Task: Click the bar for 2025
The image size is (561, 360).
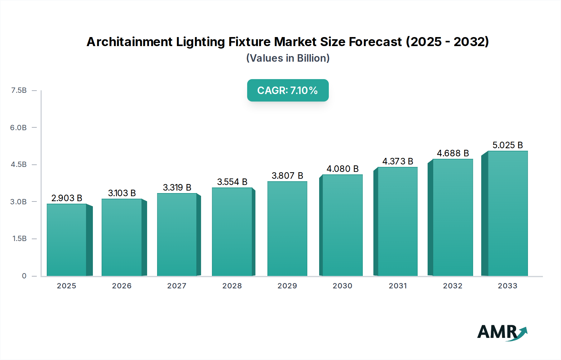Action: pos(67,240)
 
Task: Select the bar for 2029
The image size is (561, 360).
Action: pos(287,229)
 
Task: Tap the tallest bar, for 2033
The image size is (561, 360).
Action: pos(508,213)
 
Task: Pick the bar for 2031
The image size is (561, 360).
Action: pos(398,221)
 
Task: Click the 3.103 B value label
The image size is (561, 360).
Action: pos(122,193)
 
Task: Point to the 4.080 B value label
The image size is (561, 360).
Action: pos(343,169)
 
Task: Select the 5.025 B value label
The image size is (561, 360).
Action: pos(507,145)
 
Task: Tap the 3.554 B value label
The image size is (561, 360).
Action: pos(232,182)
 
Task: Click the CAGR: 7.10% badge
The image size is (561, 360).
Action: pos(288,90)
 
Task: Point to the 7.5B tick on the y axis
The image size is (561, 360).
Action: pos(19,90)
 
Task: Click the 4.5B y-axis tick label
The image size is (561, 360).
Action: pos(19,164)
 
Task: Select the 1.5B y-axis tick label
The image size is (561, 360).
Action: pos(19,239)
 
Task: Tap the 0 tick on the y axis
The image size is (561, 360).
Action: pos(24,276)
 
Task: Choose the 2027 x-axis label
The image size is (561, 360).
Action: pos(177,286)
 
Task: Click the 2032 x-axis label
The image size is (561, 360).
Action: pos(453,286)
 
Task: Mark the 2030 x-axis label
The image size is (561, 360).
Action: pos(342,286)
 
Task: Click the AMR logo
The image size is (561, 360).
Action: pos(502,332)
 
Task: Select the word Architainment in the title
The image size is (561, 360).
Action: pos(129,42)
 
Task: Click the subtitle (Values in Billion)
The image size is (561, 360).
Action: pos(288,58)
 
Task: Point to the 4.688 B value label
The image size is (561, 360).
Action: pos(453,153)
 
